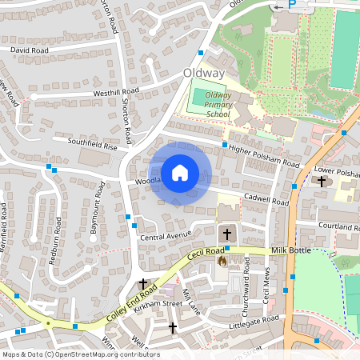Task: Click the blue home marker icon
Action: [x=180, y=173]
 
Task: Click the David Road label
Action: [x=29, y=50]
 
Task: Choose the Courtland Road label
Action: [x=339, y=226]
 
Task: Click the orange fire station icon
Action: [x=222, y=261]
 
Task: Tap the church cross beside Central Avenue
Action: [x=227, y=234]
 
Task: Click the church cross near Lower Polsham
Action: [x=322, y=182]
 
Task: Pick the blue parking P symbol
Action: [x=291, y=4]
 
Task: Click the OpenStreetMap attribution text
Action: [x=80, y=354]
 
